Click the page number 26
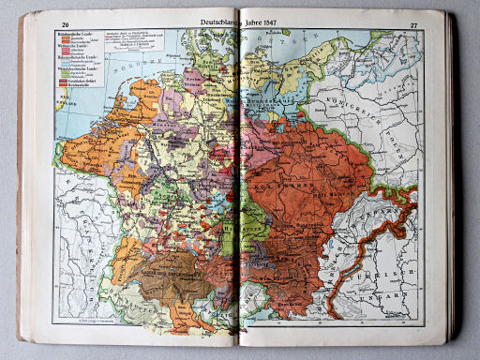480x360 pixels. tap(65, 24)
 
